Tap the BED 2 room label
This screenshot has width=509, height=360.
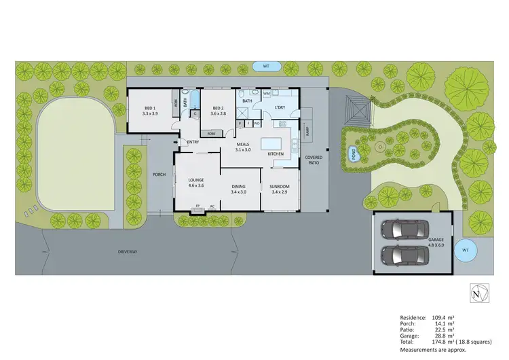218,109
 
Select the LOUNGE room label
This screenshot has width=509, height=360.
196,179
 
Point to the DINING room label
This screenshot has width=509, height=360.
238,187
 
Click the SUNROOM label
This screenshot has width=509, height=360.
280,187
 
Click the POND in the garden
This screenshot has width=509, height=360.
353,154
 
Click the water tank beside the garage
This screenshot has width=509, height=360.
465,250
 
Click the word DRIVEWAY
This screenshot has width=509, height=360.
127,251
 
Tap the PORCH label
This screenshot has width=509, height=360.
159,175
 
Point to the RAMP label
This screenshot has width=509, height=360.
309,133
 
